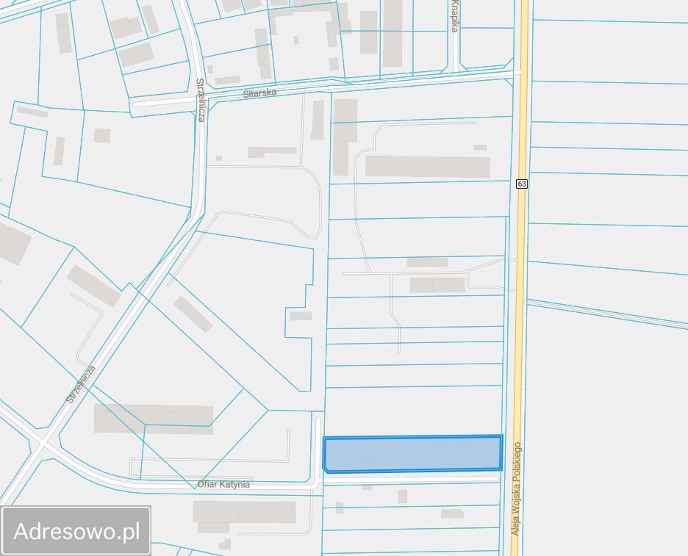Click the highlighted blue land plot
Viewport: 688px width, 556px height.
[412, 453]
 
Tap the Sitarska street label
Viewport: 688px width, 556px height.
[259, 93]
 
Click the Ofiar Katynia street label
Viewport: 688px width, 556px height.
[223, 485]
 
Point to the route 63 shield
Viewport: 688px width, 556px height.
[521, 183]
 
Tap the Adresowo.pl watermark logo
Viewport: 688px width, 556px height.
[76, 530]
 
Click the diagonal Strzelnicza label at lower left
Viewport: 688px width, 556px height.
[81, 384]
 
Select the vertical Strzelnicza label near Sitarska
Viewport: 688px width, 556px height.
[201, 100]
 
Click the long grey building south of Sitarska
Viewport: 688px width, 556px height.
[427, 167]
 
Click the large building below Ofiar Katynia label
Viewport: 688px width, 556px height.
[244, 512]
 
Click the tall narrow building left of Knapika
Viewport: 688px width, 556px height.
[393, 33]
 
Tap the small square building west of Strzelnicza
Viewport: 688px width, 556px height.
[102, 136]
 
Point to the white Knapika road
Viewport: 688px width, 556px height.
[456, 51]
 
